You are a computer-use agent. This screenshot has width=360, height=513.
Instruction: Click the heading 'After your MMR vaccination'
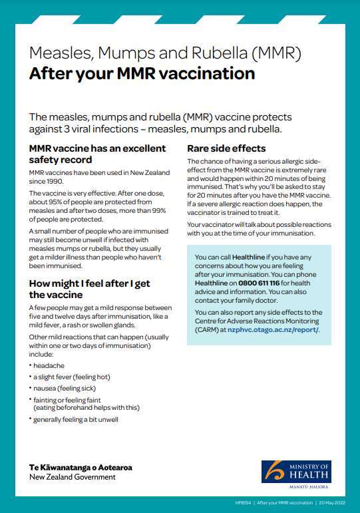click(x=142, y=73)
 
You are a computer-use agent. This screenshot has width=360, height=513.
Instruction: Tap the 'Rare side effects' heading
click(x=226, y=148)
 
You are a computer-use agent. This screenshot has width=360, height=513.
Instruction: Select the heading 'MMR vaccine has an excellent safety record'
click(x=97, y=154)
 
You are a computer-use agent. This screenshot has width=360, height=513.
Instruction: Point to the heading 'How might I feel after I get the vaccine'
click(x=90, y=289)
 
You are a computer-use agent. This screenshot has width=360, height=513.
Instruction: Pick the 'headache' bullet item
click(x=49, y=365)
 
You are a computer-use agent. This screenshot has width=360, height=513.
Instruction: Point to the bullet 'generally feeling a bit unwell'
click(x=79, y=419)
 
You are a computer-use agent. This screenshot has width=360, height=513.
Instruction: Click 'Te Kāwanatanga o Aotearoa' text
click(x=81, y=467)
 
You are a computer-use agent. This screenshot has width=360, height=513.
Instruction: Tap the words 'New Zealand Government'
click(x=73, y=477)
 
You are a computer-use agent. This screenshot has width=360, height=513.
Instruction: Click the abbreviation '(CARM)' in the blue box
click(x=207, y=329)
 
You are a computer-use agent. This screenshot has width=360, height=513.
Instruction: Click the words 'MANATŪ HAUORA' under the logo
click(x=309, y=485)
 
